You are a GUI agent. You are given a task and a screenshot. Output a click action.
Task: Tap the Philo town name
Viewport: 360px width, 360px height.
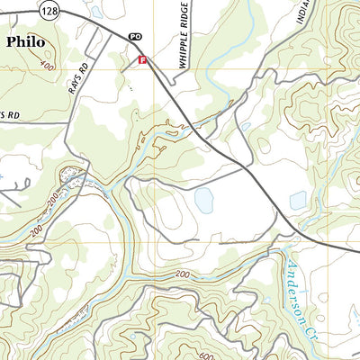pos(27,41)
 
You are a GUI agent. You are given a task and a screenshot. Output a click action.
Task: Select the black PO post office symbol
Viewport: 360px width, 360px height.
pos(136,36)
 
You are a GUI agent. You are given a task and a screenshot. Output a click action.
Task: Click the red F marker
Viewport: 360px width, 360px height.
pos(141,59)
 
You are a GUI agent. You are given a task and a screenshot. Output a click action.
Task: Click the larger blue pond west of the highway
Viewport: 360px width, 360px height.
pos(204,201)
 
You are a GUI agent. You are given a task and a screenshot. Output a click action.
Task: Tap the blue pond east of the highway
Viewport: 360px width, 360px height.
pos(298,201)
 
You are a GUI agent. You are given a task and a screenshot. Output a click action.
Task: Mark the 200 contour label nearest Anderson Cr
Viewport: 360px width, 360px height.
pos(183,273)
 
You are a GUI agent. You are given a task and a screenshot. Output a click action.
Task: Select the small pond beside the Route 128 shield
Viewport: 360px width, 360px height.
pos(95,13)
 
